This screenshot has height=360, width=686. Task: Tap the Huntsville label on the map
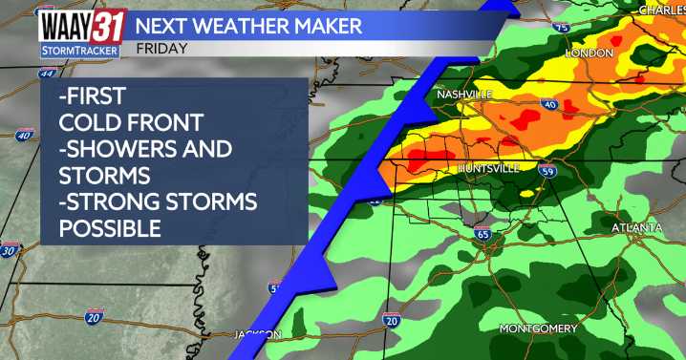pos(488,168)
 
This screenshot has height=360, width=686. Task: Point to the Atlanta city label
pos(637,228)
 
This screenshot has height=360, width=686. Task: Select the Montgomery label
pos(538,329)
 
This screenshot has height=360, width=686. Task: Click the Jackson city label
pos(258,334)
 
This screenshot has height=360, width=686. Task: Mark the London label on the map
pos(589,53)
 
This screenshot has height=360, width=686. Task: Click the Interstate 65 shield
pos(482,233)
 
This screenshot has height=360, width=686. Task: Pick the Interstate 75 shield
pos(561,28)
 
